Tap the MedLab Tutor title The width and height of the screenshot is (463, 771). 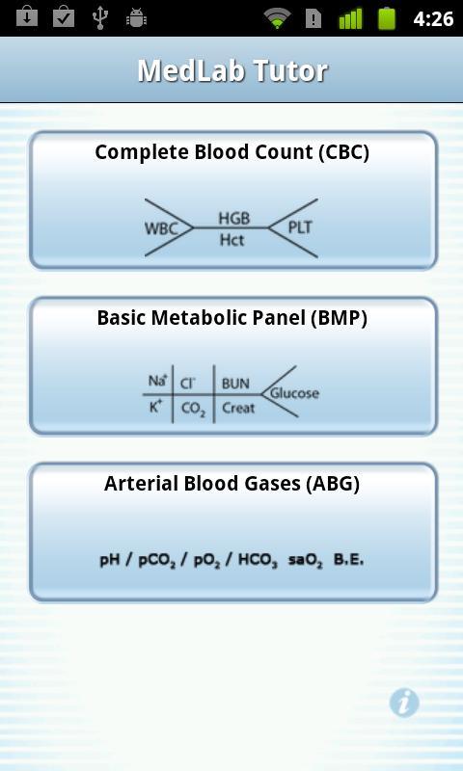232,70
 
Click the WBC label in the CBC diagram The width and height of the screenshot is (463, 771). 161,229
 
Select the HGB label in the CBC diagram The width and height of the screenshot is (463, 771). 233,219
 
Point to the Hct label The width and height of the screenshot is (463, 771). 231,240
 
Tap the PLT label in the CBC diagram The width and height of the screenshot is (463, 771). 300,227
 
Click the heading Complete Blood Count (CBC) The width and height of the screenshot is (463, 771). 231,153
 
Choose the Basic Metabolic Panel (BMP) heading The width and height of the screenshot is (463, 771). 231,318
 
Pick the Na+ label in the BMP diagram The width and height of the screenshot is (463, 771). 158,380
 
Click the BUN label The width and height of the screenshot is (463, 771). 235,384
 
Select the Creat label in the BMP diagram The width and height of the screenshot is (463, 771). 238,408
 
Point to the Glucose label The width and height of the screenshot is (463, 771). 294,393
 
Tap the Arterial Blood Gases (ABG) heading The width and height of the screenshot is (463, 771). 231,484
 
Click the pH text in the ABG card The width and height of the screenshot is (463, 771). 110,560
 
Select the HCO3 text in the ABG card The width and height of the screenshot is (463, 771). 258,561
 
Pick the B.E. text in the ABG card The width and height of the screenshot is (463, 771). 349,560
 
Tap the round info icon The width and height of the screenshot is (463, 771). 404,703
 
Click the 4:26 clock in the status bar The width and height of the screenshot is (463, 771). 433,18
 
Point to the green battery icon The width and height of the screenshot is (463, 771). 387,18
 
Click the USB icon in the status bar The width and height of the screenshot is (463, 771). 100,17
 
